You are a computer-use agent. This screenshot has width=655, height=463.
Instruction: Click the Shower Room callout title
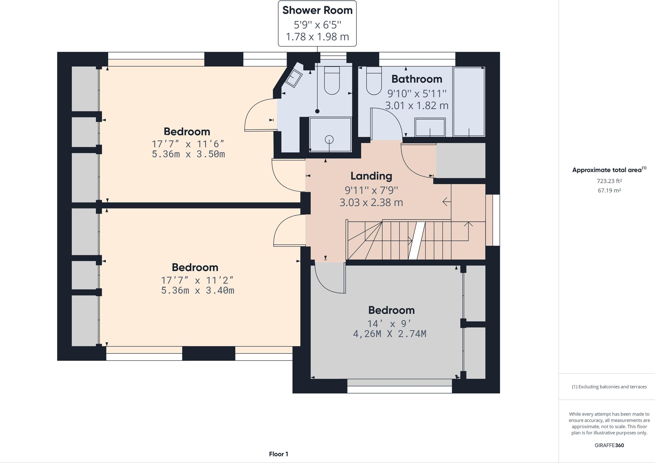(317, 11)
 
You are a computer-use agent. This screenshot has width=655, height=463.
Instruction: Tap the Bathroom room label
(416, 79)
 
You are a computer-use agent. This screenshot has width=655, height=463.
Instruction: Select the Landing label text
(371, 176)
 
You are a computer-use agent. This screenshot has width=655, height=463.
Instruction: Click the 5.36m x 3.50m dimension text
(188, 154)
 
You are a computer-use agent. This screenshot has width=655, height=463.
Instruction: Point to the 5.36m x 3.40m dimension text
(197, 290)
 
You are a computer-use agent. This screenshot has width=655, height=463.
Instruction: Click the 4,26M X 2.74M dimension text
(390, 333)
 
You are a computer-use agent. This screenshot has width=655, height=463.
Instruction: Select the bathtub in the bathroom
(469, 101)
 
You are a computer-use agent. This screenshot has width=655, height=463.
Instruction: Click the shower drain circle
(329, 140)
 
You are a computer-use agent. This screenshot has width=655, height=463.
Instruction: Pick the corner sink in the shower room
(294, 78)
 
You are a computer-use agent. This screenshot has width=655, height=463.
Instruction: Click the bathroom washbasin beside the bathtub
(430, 127)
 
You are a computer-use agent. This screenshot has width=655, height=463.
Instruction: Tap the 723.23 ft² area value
(609, 181)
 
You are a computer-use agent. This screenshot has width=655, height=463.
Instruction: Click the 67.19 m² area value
(609, 190)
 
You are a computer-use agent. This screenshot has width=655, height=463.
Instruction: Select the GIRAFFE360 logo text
(609, 445)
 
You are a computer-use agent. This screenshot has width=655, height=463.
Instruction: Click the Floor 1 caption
(278, 454)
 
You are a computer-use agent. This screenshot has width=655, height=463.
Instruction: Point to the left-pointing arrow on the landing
(446, 202)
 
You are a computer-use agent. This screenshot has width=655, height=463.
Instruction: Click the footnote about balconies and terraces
(609, 387)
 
